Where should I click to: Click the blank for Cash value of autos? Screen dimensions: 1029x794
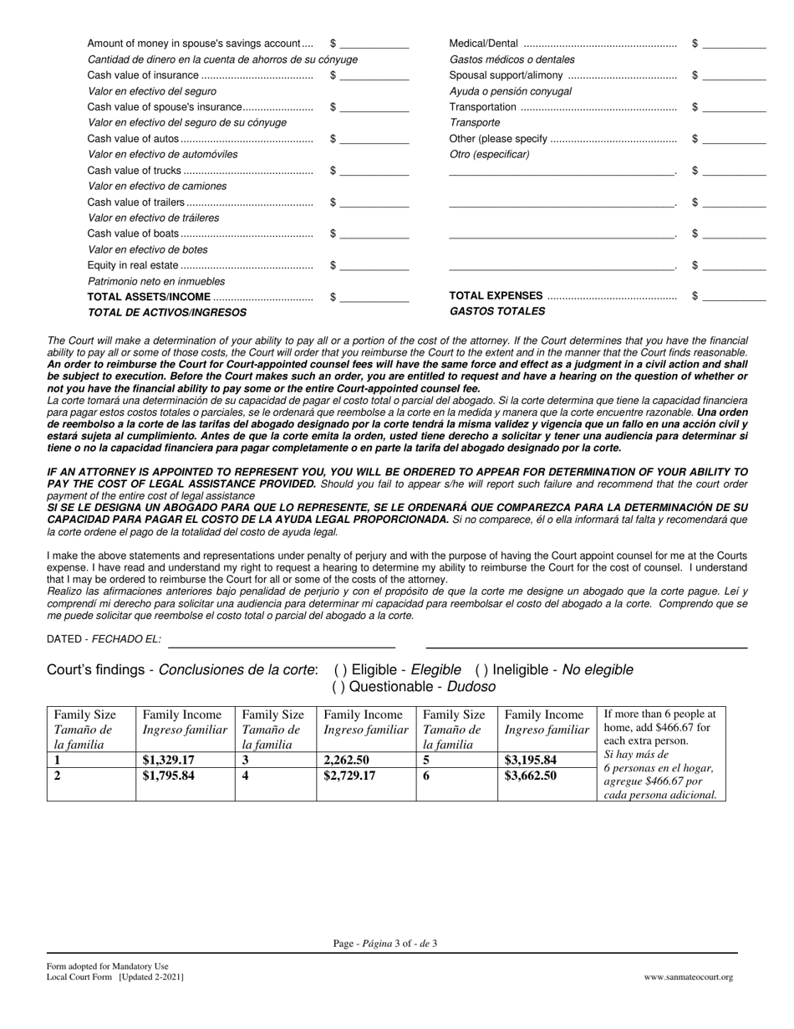(x=374, y=139)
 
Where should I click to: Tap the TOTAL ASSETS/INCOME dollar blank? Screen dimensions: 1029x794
(x=374, y=297)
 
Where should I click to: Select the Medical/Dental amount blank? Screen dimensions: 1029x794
(x=734, y=44)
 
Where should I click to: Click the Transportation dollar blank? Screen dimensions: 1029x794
(x=734, y=107)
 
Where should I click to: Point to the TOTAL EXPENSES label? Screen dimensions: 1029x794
(x=496, y=296)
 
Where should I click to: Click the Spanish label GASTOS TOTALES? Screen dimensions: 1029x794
(x=497, y=311)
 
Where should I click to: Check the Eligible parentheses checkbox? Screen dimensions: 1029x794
(x=340, y=670)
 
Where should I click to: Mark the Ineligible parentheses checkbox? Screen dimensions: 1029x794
(x=481, y=670)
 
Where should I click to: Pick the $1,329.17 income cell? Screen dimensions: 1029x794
(x=169, y=760)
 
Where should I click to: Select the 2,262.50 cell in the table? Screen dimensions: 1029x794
(x=347, y=760)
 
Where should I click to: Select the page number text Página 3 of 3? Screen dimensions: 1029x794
(x=385, y=944)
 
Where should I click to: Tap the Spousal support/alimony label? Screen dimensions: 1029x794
(x=506, y=75)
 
